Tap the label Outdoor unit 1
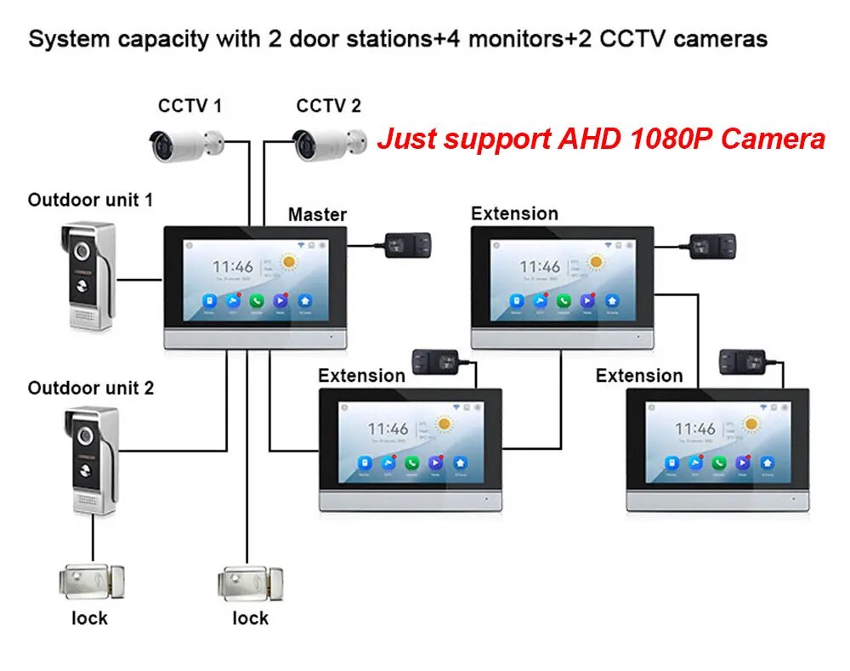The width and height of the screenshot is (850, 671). click(90, 201)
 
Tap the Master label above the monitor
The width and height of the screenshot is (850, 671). click(317, 214)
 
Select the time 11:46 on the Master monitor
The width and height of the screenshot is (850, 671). click(232, 266)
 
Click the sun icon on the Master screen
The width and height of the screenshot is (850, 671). click(288, 262)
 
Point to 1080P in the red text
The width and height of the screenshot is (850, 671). click(668, 138)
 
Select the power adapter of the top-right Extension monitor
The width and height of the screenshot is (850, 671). click(712, 246)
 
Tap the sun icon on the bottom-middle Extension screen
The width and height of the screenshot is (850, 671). click(444, 424)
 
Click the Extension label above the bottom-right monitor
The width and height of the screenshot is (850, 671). click(639, 376)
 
